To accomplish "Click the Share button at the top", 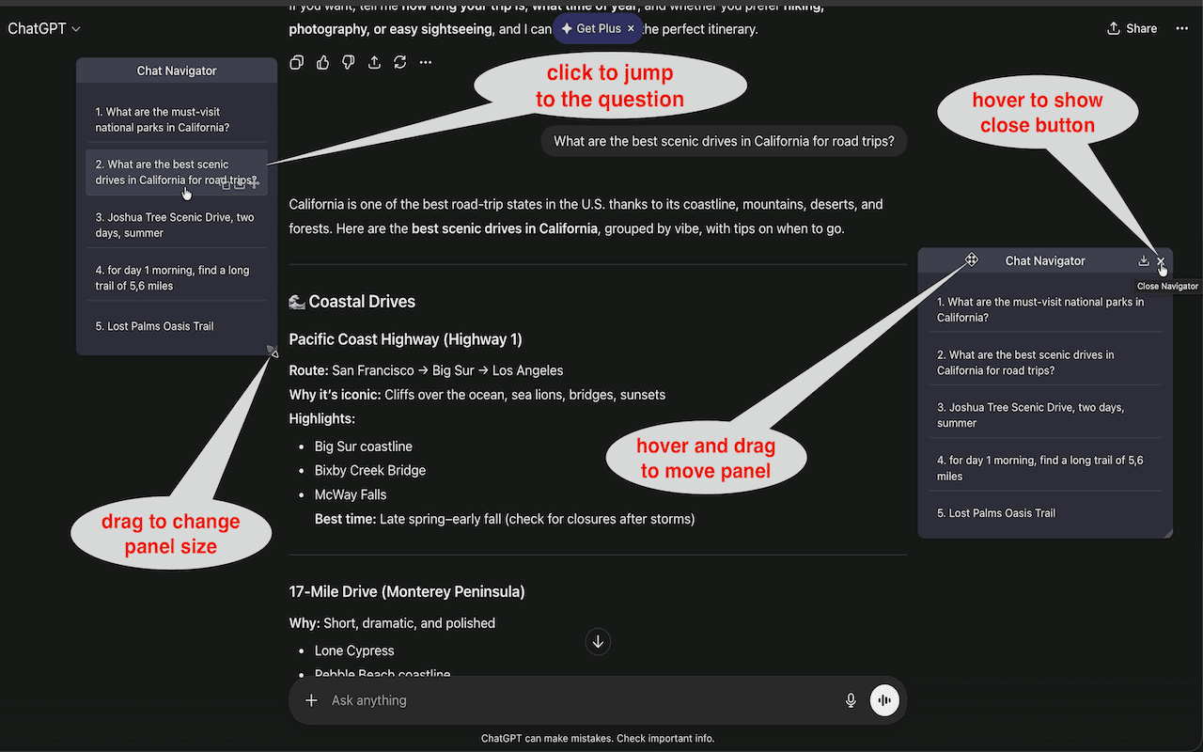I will pyautogui.click(x=1133, y=28).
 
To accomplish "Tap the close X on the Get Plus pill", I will pyautogui.click(x=631, y=28).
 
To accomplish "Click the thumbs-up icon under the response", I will pyautogui.click(x=322, y=62).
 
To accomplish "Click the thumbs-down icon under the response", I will pyautogui.click(x=349, y=62).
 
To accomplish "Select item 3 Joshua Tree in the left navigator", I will pyautogui.click(x=176, y=225).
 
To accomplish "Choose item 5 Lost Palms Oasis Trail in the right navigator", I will pyautogui.click(x=995, y=513).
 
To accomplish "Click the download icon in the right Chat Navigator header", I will pyautogui.click(x=1144, y=260).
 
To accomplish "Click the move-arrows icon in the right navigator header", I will pyautogui.click(x=972, y=260).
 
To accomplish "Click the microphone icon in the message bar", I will pyautogui.click(x=851, y=700).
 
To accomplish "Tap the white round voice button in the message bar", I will pyautogui.click(x=884, y=700).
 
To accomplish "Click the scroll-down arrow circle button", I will pyautogui.click(x=598, y=642).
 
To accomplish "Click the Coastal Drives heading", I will pyautogui.click(x=362, y=302).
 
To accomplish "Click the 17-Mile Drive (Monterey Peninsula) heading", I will pyautogui.click(x=406, y=591).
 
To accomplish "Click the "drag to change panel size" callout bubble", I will pyautogui.click(x=171, y=534).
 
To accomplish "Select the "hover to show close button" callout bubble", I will pyautogui.click(x=1037, y=113).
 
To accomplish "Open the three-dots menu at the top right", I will pyautogui.click(x=1181, y=28).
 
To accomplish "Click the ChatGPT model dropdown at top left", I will pyautogui.click(x=44, y=28).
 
